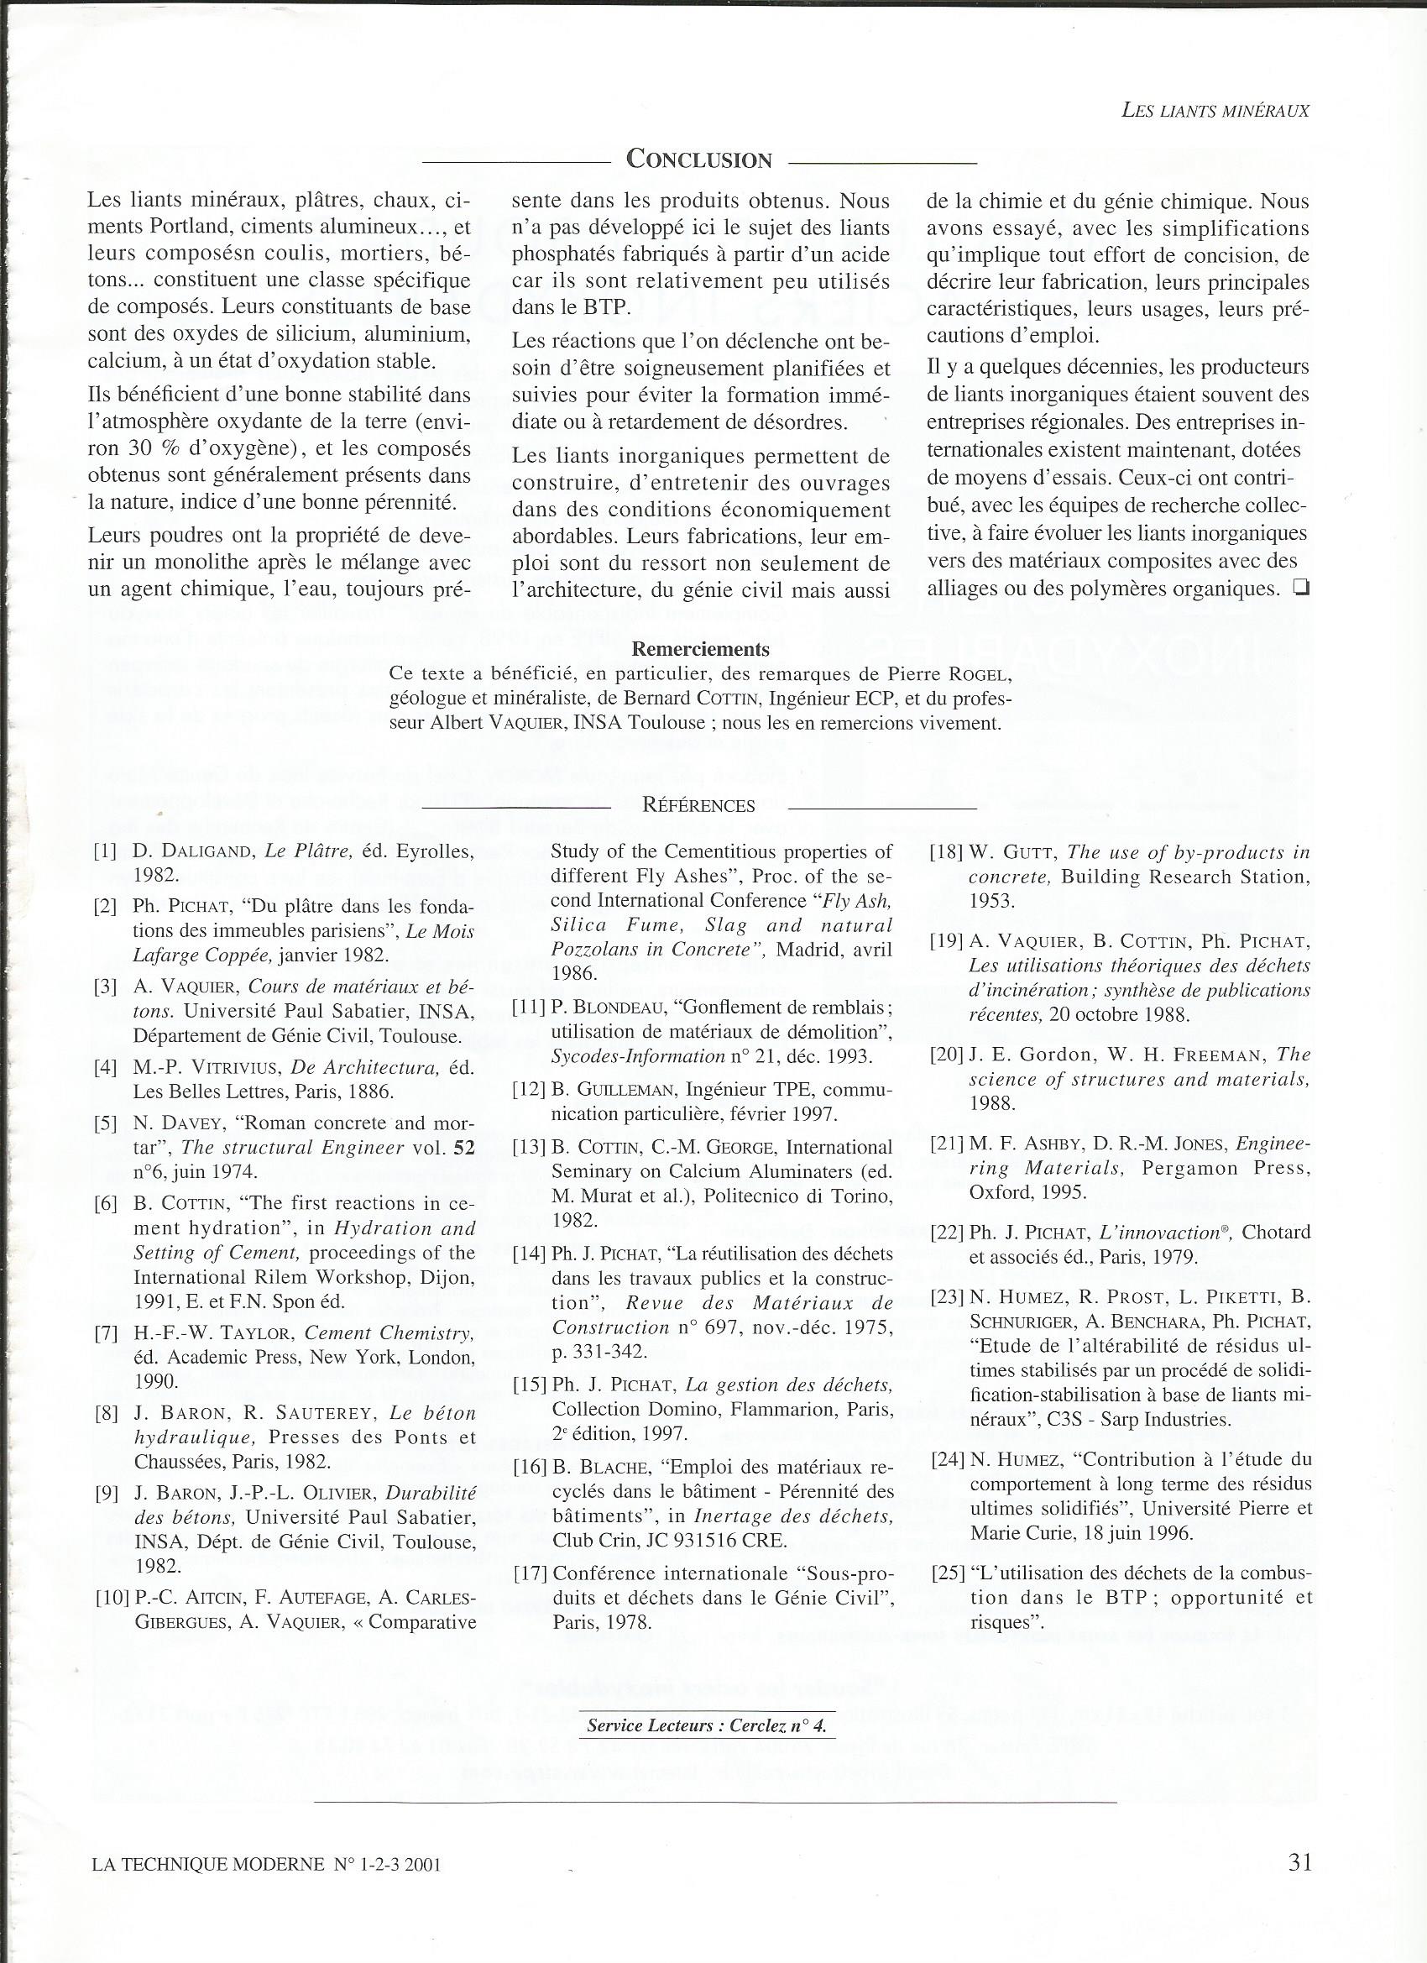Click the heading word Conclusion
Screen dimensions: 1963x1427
pos(698,160)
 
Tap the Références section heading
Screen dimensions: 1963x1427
pos(698,805)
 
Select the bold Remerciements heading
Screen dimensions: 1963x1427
pos(701,649)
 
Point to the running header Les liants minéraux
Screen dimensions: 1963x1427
pos(1215,111)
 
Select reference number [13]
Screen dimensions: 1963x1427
pos(529,1148)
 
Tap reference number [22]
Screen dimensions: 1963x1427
pos(948,1233)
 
